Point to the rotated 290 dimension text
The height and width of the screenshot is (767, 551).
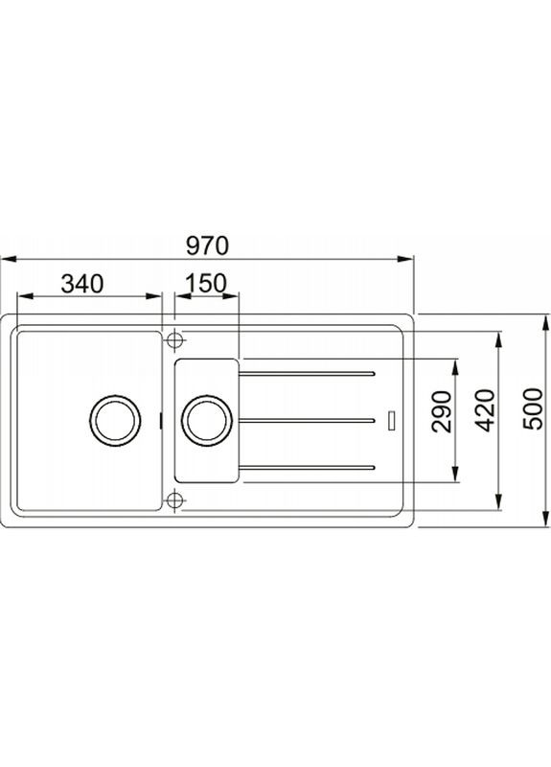tap(442, 412)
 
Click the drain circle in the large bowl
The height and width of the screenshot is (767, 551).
tap(114, 420)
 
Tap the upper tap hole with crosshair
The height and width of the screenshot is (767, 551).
tap(174, 340)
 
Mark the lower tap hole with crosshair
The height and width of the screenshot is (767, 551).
tap(174, 500)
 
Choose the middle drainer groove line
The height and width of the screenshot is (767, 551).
tap(307, 420)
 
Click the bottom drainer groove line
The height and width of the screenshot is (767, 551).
tap(307, 467)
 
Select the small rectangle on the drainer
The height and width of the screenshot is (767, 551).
tap(391, 420)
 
